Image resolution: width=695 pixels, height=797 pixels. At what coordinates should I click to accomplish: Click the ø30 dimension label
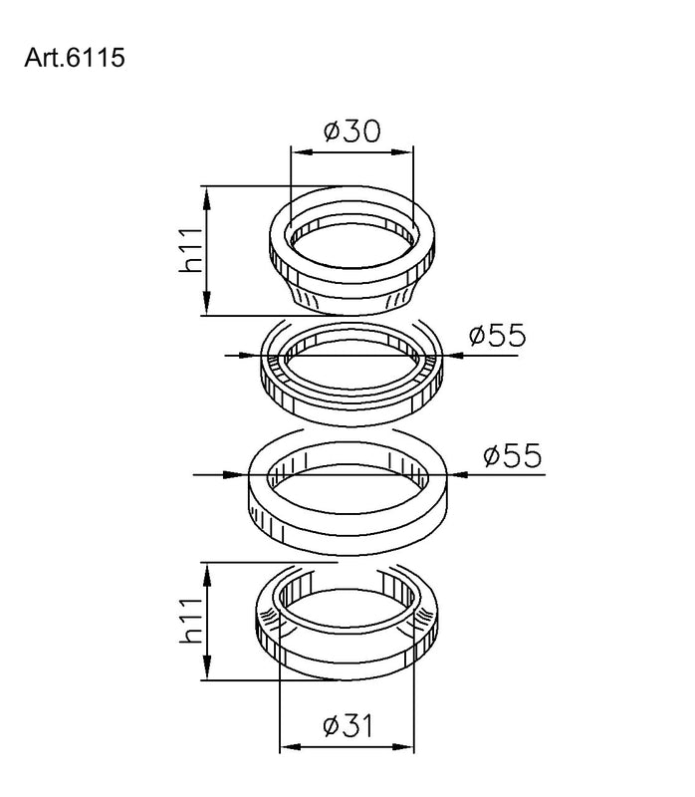tap(351, 132)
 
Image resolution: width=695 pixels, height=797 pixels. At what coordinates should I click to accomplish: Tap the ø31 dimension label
tap(348, 726)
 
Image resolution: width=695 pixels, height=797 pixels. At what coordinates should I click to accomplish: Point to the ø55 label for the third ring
tap(513, 456)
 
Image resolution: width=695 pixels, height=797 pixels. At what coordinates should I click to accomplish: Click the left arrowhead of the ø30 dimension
tap(296, 152)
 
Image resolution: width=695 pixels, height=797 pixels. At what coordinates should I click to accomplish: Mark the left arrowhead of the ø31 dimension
tap(286, 747)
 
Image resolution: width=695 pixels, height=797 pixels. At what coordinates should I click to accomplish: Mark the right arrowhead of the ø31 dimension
tap(410, 747)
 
